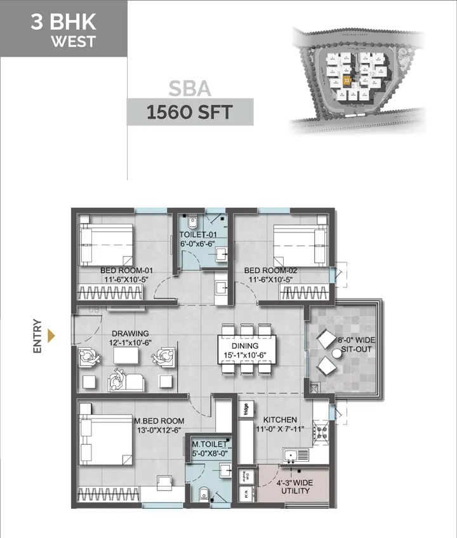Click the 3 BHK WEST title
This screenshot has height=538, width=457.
tap(63, 29)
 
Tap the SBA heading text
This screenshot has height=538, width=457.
tap(190, 88)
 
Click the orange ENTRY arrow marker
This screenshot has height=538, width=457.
tap(52, 335)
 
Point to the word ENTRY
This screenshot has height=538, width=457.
tap(37, 335)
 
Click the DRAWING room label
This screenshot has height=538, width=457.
tap(130, 337)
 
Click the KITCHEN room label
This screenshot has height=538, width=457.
tap(280, 424)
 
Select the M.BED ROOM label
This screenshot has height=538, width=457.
tap(159, 425)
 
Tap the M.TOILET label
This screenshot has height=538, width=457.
tap(209, 449)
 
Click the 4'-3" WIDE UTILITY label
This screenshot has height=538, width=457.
tap(295, 486)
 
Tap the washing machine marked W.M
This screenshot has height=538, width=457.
tap(246, 493)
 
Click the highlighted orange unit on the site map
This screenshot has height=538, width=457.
tap(347, 81)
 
